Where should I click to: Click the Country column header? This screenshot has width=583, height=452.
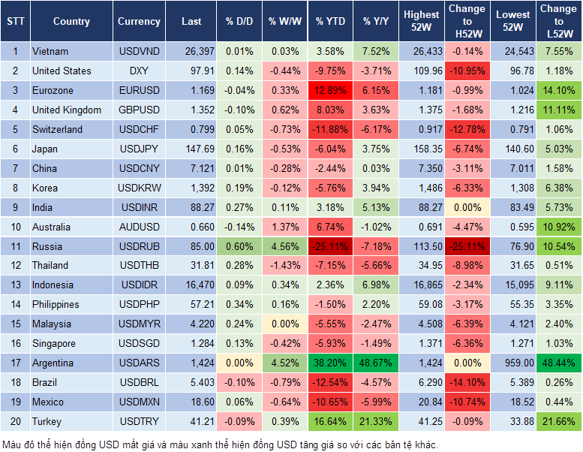click(71, 22)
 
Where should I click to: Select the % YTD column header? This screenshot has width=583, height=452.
click(330, 22)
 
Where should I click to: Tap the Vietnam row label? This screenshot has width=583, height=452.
click(50, 52)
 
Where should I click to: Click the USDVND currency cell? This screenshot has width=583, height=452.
click(139, 52)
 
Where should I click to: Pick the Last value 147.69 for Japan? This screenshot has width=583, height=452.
click(191, 149)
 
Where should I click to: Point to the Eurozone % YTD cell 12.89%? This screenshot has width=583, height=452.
click(330, 90)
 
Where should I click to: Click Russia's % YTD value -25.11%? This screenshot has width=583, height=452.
click(330, 246)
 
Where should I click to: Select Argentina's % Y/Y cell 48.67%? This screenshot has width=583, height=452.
click(377, 363)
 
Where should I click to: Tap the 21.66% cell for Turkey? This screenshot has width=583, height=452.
click(557, 422)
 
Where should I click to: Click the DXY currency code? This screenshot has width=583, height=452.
click(139, 71)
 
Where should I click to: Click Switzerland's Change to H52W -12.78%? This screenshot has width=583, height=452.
click(467, 129)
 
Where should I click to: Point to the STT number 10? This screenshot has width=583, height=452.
click(14, 227)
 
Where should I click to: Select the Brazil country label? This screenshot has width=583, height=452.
click(46, 383)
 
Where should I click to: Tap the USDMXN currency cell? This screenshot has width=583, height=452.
click(139, 402)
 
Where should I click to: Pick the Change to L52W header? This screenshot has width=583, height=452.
click(557, 22)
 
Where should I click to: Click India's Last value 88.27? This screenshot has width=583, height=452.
click(191, 207)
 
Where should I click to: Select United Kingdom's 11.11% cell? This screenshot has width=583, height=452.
click(557, 110)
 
